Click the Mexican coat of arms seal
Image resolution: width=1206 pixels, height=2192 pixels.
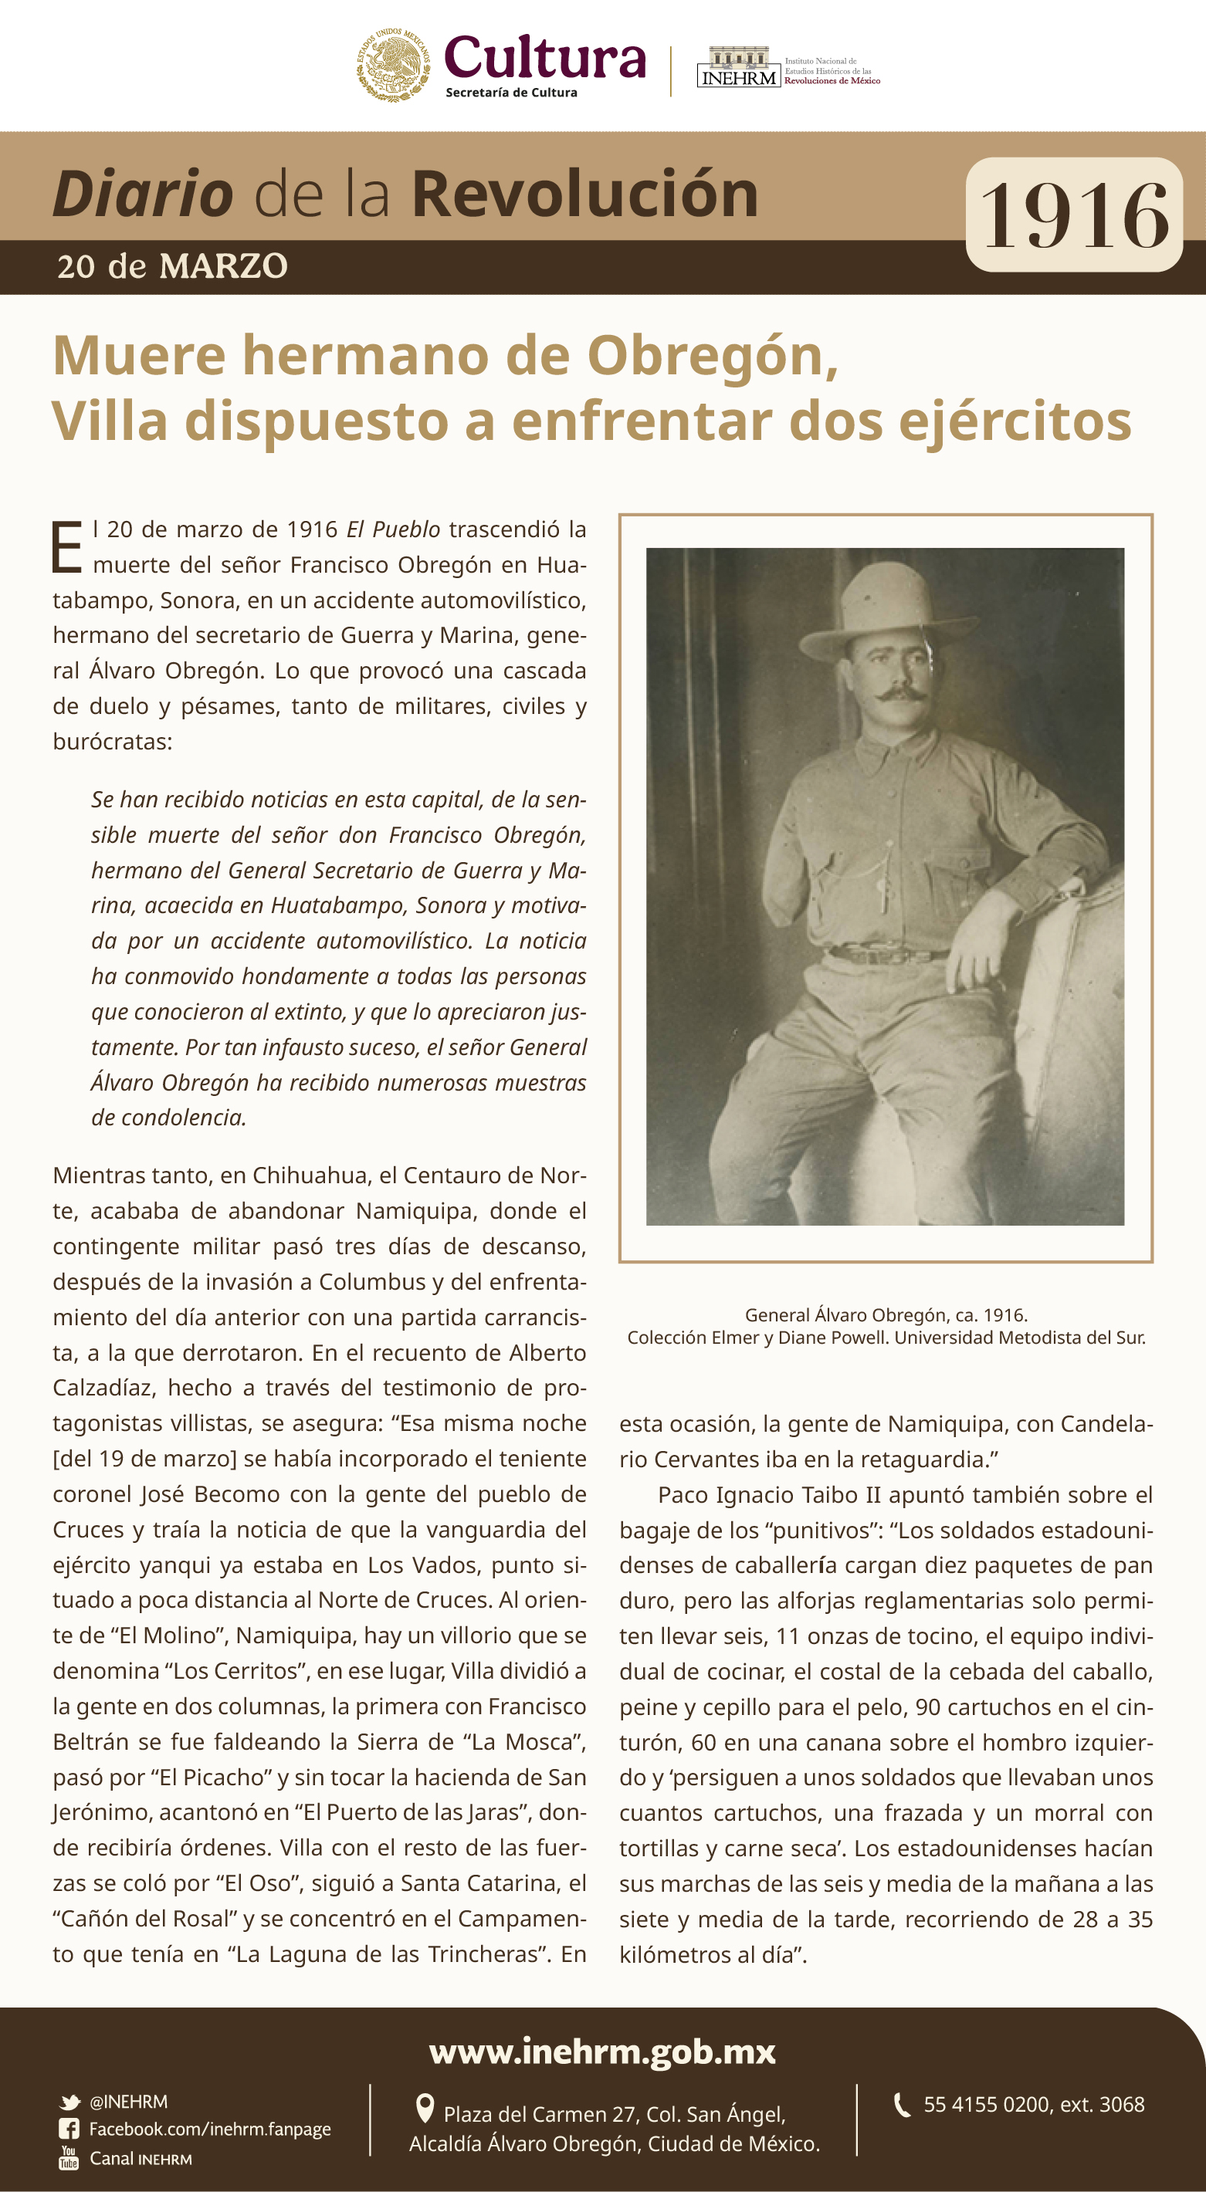(392, 66)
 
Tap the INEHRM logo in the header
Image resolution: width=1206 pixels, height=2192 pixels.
(738, 68)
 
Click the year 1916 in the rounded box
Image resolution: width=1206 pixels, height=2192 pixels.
(1074, 216)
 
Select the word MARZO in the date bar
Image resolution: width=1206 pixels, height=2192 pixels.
(224, 267)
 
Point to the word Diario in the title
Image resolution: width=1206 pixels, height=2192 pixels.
(143, 194)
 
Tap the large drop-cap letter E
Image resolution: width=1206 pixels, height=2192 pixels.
(67, 548)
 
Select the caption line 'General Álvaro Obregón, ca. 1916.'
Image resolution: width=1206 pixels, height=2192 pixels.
(886, 1314)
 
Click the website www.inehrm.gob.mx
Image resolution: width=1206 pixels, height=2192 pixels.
(602, 2052)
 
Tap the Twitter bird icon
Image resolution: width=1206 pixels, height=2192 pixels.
(69, 2102)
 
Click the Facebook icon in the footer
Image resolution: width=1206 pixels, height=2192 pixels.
(69, 2129)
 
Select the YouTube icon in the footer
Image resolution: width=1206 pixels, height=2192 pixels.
(69, 2158)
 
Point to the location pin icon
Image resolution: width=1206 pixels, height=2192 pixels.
(424, 2109)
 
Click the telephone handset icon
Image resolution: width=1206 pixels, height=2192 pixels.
(902, 2104)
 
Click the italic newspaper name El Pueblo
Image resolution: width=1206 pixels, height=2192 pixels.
(392, 529)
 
